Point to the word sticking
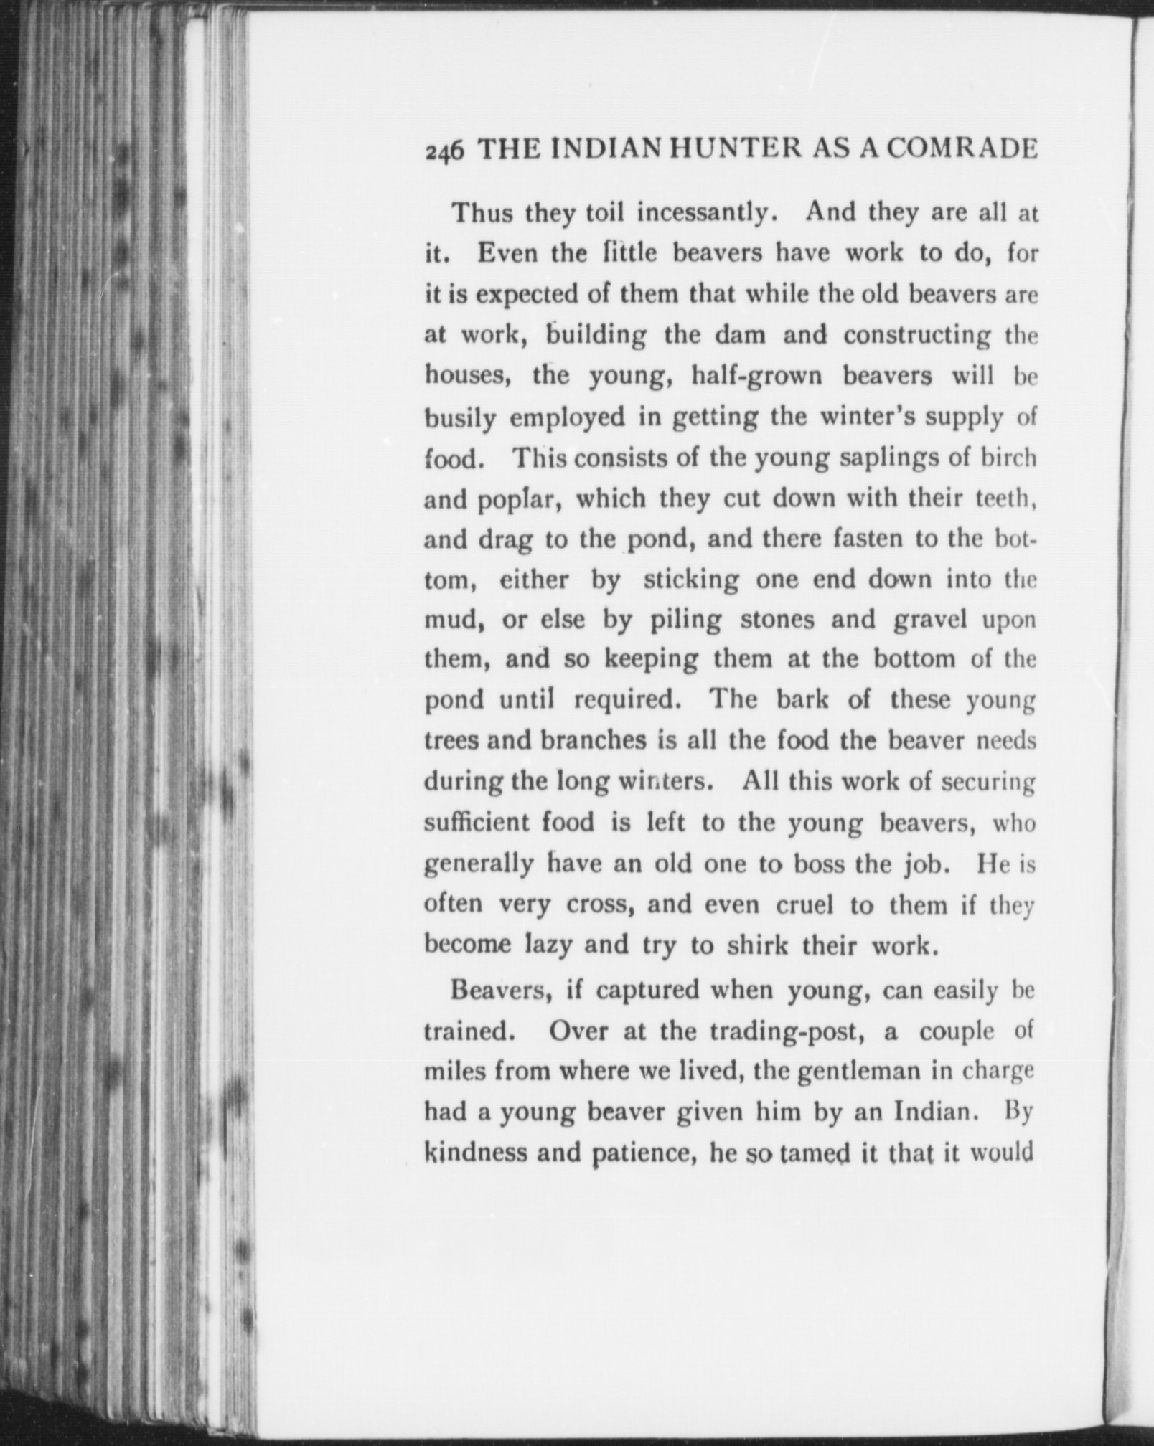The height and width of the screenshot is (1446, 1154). [x=691, y=580]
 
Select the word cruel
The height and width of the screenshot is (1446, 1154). [x=804, y=905]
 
